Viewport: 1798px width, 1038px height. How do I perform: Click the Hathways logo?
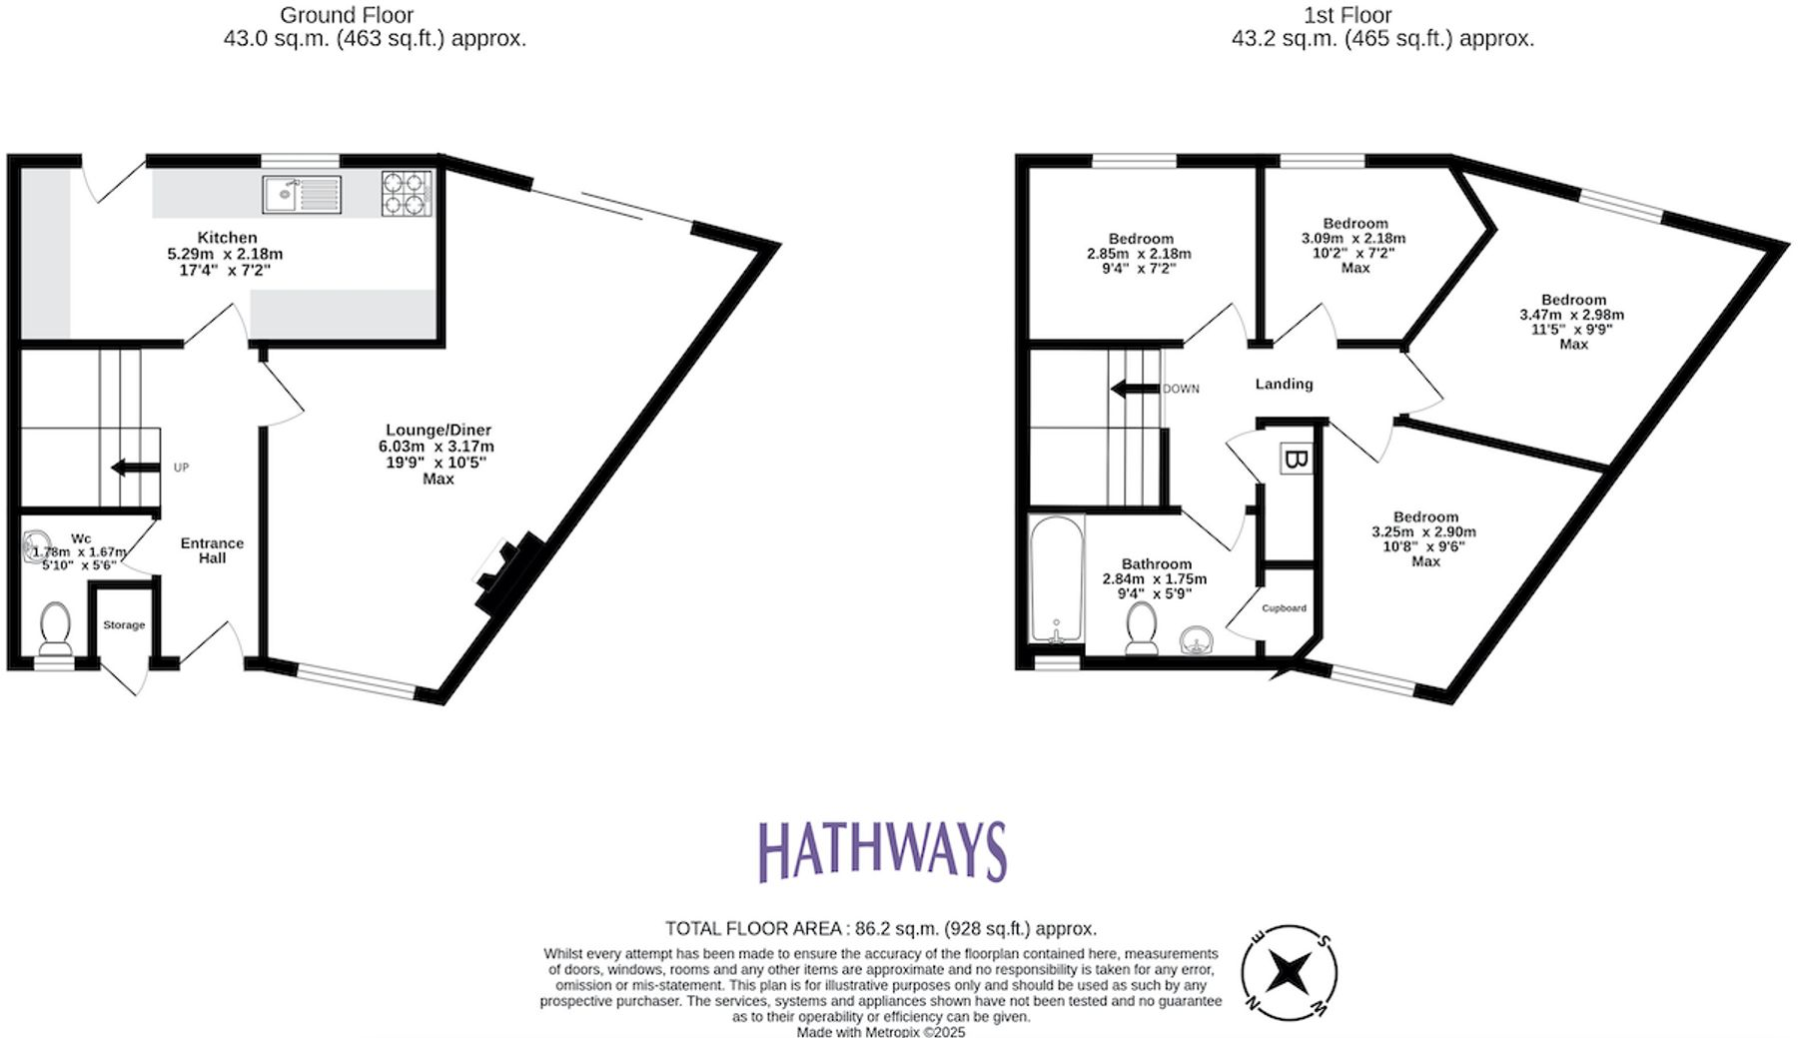pos(882,851)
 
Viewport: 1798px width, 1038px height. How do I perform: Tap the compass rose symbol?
pos(1289,971)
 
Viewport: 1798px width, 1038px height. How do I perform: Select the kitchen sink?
pos(302,194)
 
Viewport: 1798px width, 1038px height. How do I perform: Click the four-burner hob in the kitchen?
pos(407,194)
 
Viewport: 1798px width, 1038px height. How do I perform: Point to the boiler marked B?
pos(1296,460)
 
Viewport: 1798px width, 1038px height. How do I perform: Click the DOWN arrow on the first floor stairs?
pos(1135,389)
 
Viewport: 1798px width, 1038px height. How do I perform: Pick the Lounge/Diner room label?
pos(439,430)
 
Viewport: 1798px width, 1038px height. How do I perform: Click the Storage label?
pos(124,625)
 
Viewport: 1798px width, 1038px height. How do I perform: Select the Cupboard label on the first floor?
pos(1284,608)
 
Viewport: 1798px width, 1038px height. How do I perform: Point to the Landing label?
pos(1284,384)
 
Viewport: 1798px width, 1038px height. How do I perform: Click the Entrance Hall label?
pos(212,550)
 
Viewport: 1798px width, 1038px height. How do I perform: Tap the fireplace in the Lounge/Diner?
pos(509,574)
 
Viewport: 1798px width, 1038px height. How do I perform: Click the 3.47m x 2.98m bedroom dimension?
pos(1572,315)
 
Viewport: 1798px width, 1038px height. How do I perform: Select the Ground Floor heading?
pos(346,15)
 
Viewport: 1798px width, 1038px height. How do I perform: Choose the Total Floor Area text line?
pos(881,929)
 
